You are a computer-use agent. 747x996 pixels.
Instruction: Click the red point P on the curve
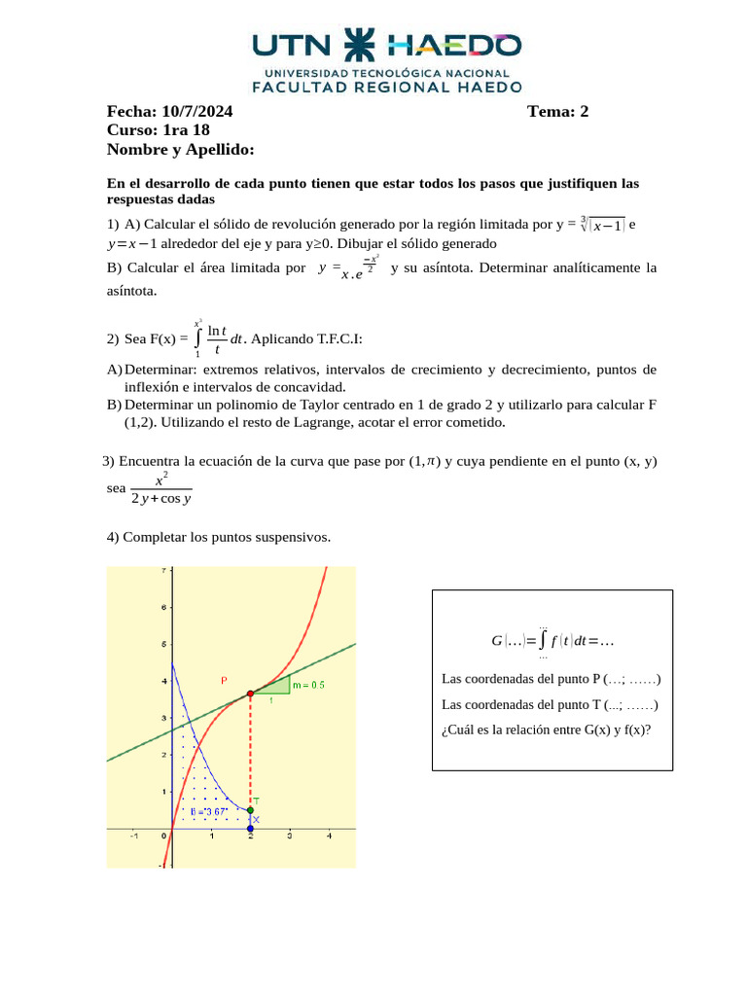tap(250, 694)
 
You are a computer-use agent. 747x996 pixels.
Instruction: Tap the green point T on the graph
tap(250, 809)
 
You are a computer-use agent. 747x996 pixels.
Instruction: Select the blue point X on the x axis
tap(250, 828)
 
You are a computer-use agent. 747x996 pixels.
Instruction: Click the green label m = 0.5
tap(309, 685)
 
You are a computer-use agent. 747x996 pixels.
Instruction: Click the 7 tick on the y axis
tap(162, 571)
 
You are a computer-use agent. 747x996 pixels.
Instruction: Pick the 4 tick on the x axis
tap(329, 836)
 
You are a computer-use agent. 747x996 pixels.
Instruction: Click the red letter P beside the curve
tap(224, 681)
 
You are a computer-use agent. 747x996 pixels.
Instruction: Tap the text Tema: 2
tap(557, 111)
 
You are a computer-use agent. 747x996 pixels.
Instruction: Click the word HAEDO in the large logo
tap(454, 46)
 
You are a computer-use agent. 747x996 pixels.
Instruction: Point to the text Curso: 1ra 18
tap(158, 130)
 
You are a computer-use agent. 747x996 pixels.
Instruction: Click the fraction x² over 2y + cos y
tap(160, 489)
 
